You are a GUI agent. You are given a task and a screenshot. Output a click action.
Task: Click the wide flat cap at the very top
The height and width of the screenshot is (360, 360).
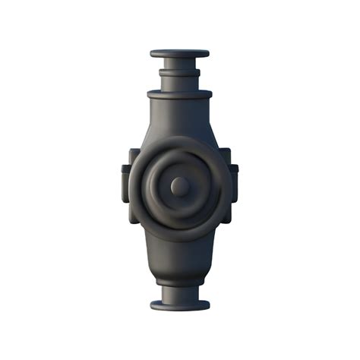click(x=179, y=54)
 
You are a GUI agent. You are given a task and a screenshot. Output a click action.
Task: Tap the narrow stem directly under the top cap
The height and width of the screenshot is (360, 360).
click(x=179, y=65)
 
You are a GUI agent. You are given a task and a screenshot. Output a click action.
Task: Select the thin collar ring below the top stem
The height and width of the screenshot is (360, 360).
click(x=179, y=73)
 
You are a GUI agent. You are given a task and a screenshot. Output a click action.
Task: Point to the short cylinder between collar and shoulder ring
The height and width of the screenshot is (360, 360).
click(x=179, y=83)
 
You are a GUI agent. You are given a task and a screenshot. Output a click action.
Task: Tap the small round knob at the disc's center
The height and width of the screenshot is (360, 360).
click(x=180, y=185)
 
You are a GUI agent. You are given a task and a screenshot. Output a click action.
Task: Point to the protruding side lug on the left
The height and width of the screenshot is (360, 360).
click(x=125, y=184)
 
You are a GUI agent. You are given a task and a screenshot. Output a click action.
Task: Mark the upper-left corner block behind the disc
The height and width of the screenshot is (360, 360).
click(x=134, y=155)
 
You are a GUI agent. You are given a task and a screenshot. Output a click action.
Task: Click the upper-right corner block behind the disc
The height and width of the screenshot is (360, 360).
click(x=226, y=155)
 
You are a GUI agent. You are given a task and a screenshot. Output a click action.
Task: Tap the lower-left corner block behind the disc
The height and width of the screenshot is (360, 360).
click(x=134, y=216)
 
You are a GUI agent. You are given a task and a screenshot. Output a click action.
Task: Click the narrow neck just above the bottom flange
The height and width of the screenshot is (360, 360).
click(x=180, y=294)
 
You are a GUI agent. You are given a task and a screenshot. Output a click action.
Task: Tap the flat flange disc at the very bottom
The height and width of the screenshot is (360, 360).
click(x=180, y=306)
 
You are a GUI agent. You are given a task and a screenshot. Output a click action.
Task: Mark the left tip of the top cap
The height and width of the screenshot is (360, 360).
click(x=152, y=54)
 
